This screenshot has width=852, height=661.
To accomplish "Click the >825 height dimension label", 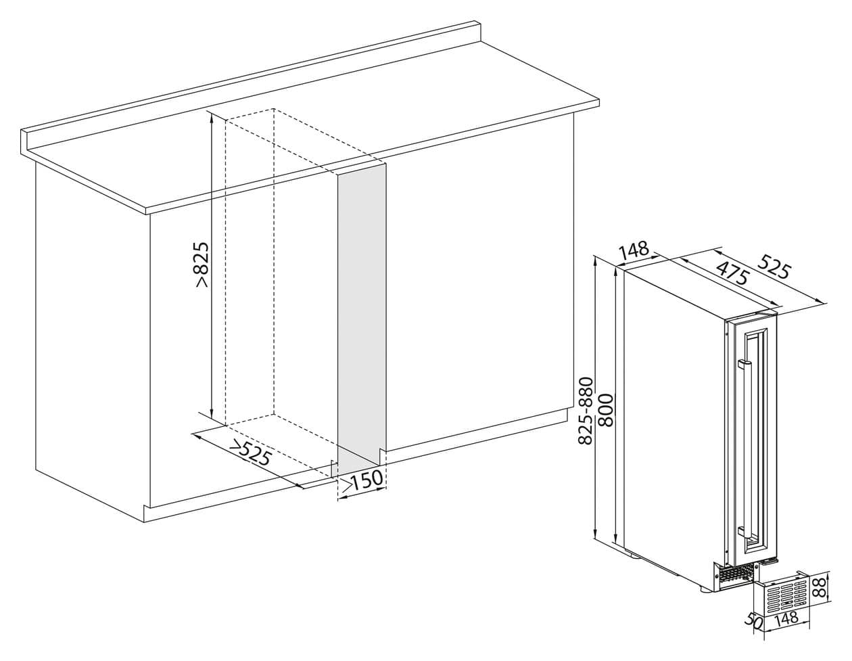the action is tap(202, 265).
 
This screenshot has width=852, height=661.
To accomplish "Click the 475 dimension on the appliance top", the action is tap(732, 273).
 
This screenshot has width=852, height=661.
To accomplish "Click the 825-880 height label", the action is tap(586, 411).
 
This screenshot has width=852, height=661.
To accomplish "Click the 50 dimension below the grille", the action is tap(753, 630).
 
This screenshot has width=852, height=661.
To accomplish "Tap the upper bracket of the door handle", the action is tap(743, 364).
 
